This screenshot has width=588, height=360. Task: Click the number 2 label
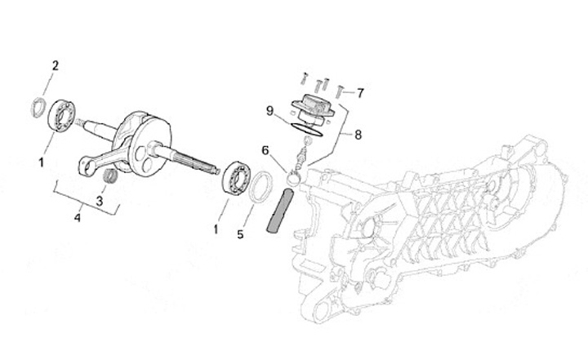(x=56, y=64)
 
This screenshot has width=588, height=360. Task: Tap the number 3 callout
(x=100, y=200)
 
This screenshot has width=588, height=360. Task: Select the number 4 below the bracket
(x=78, y=218)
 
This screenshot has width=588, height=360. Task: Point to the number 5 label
(x=240, y=235)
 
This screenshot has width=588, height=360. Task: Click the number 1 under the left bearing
(x=41, y=163)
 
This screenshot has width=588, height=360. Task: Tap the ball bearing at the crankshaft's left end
(x=59, y=114)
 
